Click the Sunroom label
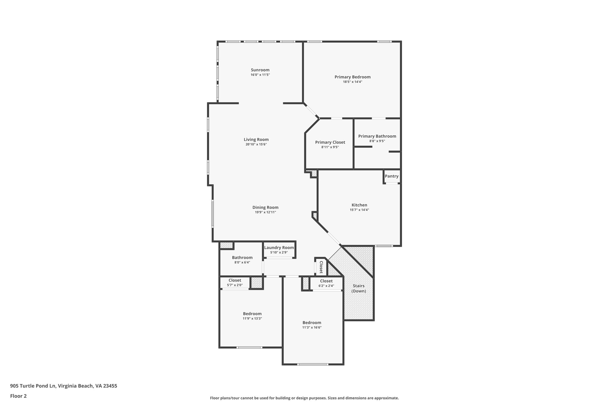pyautogui.click(x=260, y=70)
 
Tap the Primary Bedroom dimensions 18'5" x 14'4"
pyautogui.click(x=352, y=82)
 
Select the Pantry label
pyautogui.click(x=391, y=176)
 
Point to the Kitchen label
pyautogui.click(x=359, y=205)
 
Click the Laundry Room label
pyautogui.click(x=279, y=247)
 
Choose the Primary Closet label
pyautogui.click(x=330, y=142)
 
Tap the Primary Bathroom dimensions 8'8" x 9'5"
pyautogui.click(x=377, y=141)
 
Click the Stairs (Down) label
pyautogui.click(x=359, y=288)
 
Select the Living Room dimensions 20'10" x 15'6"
pyautogui.click(x=256, y=144)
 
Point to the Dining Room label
pyautogui.click(x=265, y=207)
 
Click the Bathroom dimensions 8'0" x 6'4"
pyautogui.click(x=242, y=262)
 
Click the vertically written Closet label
pyautogui.click(x=321, y=267)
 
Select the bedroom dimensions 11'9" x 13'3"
pyautogui.click(x=252, y=318)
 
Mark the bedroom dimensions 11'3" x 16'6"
pyautogui.click(x=312, y=327)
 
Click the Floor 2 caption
pyautogui.click(x=18, y=396)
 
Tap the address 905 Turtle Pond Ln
pyautogui.click(x=33, y=386)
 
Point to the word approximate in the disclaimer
pyautogui.click(x=386, y=398)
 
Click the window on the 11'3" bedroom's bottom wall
pyautogui.click(x=313, y=364)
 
